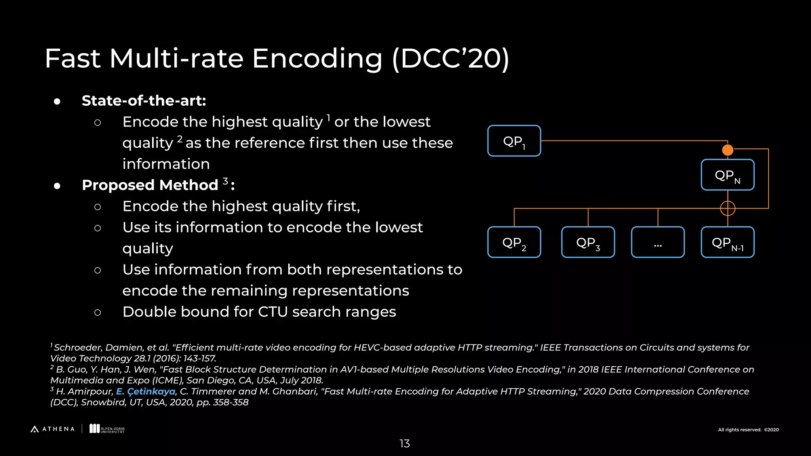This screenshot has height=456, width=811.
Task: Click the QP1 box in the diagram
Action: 514,141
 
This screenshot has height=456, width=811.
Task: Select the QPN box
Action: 727,175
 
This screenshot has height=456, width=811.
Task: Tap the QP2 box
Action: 514,242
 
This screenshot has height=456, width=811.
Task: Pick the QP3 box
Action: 588,242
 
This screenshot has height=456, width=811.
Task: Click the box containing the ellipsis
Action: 658,242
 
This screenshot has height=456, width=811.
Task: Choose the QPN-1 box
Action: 727,242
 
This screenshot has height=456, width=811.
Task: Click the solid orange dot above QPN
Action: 727,150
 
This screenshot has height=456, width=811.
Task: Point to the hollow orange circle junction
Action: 727,208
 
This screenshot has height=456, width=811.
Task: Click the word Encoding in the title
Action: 317,59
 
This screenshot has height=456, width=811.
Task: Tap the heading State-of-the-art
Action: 144,101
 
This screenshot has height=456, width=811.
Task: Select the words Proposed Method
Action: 150,185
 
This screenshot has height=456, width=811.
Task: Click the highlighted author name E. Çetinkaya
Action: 146,391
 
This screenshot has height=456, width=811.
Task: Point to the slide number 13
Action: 404,444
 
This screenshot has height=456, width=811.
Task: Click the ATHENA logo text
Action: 58,429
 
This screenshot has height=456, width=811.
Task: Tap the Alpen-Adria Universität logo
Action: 107,429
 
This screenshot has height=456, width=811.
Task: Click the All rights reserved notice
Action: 748,430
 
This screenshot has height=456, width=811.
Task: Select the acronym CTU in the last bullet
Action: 273,312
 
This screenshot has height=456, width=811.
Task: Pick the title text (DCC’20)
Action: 451,59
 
